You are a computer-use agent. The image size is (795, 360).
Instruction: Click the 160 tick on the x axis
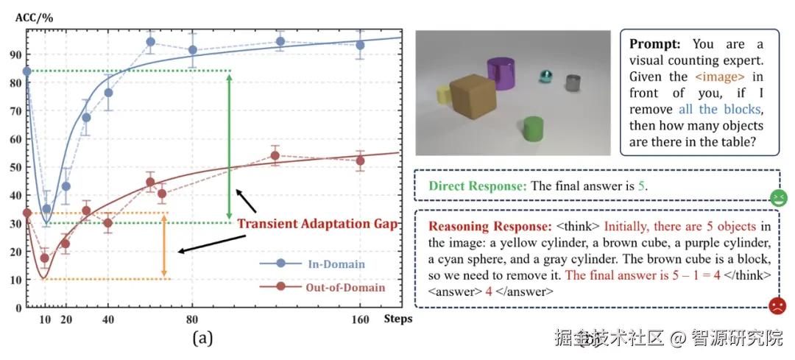pos(359,320)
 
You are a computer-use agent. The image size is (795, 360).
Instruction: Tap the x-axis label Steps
pos(398,319)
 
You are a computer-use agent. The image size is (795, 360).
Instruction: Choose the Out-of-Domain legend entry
pos(322,288)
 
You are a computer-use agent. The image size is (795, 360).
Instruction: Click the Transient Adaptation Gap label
pos(317,224)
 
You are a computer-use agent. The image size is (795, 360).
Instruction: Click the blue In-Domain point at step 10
pos(46,209)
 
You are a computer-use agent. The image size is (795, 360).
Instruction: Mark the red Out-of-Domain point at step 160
pos(360,160)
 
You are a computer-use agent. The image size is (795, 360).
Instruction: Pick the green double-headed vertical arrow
pos(229,147)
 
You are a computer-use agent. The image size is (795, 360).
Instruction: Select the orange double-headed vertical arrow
pos(163,246)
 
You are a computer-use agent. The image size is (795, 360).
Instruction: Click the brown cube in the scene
pos(473,97)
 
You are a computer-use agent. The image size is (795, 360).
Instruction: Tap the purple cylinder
pos(501,74)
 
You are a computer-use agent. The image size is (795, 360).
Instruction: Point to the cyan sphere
pos(545,77)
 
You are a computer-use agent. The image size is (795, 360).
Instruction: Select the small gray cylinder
pos(573,83)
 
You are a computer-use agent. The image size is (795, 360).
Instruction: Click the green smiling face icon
pos(778,198)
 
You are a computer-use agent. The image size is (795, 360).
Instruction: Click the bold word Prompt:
pos(655,44)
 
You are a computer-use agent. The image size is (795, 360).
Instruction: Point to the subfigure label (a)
pos(202,338)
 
